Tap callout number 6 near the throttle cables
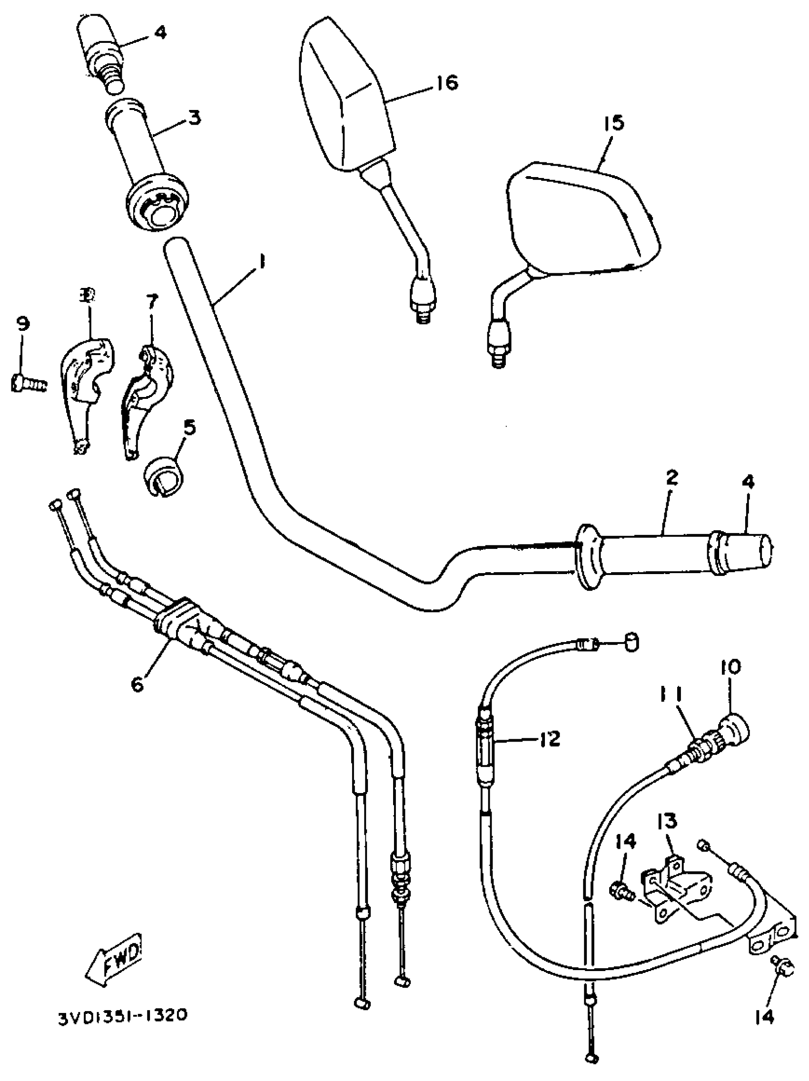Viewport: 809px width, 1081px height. coord(138,684)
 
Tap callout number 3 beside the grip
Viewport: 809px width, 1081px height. coord(195,118)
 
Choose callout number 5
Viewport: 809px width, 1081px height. coord(189,427)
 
